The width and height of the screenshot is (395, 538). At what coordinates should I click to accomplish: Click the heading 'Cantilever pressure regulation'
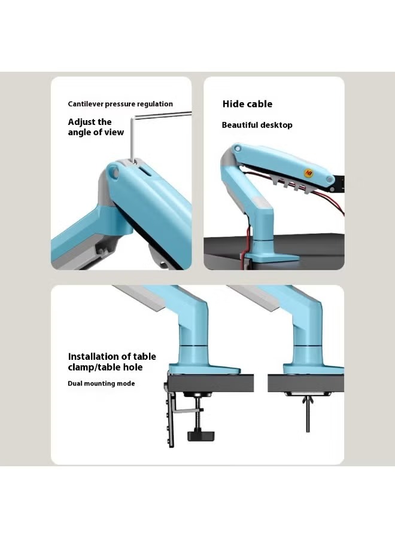pos(120,104)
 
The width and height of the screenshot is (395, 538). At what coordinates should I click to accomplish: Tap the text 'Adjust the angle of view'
pos(96,127)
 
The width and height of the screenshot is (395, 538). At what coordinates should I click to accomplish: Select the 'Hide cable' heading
pos(247,104)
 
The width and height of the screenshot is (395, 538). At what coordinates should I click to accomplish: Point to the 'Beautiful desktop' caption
pos(257,125)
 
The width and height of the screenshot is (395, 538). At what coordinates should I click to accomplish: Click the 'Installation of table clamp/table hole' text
pos(112,362)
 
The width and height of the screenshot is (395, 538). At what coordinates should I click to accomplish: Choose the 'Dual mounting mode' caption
pos(101,384)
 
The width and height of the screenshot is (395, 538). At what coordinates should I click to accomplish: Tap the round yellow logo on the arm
pos(308,173)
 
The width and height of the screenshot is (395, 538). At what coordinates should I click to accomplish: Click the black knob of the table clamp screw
pos(201,436)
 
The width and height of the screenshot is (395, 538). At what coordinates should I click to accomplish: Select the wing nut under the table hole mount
pos(308,401)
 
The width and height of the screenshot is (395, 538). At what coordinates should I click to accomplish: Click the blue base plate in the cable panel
pos(271,257)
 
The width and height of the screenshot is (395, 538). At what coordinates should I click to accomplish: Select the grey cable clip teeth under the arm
pos(291,185)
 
